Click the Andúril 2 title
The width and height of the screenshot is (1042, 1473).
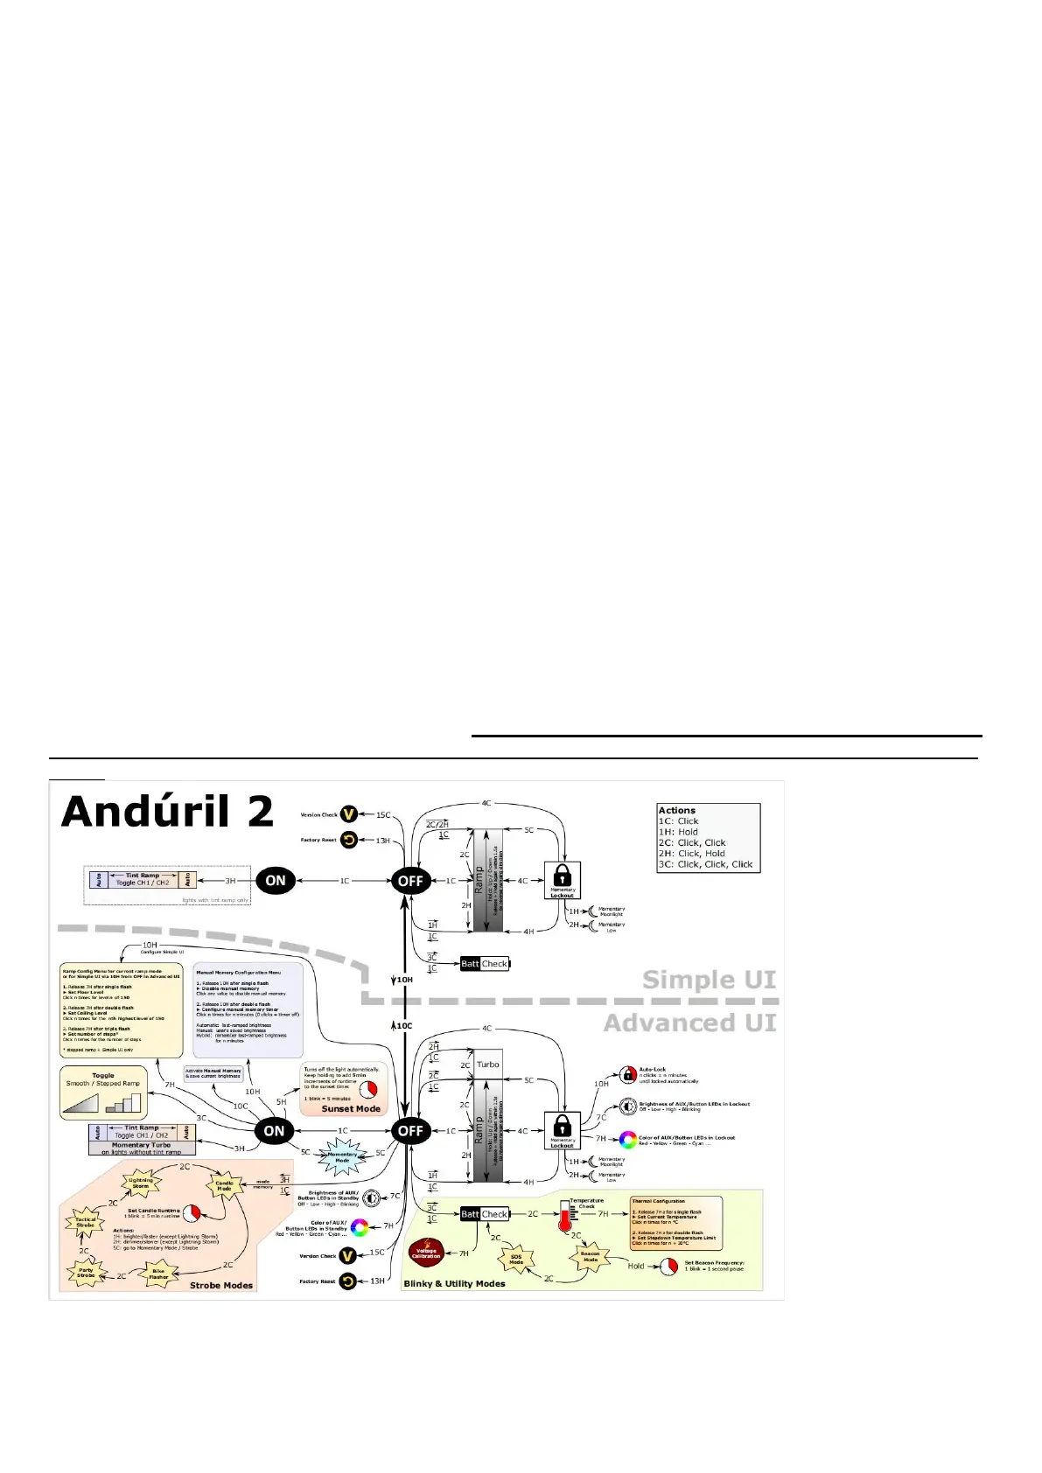coord(167,812)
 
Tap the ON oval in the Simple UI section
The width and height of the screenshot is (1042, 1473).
coord(275,880)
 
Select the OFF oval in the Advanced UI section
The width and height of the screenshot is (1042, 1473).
coord(410,1130)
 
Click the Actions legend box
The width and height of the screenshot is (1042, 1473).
coord(709,838)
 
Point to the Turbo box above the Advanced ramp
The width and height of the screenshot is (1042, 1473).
coord(488,1065)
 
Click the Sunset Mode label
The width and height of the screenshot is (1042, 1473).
coord(351,1108)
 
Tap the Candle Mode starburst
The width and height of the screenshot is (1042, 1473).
coord(224,1186)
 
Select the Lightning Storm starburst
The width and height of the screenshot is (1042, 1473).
coord(141,1183)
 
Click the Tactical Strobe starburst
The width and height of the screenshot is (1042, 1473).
coord(86,1222)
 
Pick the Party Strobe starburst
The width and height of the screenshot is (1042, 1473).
coord(86,1274)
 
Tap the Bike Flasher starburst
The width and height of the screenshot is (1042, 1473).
coord(158,1274)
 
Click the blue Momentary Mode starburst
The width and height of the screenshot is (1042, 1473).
coord(342,1158)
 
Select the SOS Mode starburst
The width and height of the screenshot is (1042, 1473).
coord(516,1260)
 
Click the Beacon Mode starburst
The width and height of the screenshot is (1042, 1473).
coord(591,1256)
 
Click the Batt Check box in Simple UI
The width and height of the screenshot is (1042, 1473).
coord(485,964)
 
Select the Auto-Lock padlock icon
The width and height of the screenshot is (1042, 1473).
coord(627,1074)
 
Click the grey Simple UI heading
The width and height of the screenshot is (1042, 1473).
coord(709,980)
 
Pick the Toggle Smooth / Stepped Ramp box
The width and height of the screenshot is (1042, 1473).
coord(104,1092)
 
